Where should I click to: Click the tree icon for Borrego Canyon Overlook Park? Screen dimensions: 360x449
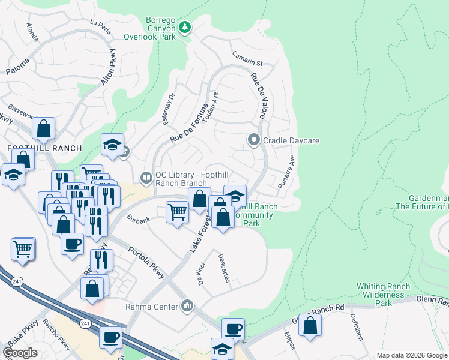(x=185, y=26)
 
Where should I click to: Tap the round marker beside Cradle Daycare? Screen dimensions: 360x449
(x=253, y=141)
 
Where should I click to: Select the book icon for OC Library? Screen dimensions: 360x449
(x=146, y=177)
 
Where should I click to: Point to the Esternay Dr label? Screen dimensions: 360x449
(x=169, y=109)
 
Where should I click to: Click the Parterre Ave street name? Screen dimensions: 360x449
(x=287, y=172)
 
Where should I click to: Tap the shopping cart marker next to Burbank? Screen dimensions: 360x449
(x=176, y=212)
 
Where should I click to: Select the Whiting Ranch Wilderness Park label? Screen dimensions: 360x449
(x=384, y=295)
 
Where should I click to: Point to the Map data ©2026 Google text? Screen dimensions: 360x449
(x=412, y=355)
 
